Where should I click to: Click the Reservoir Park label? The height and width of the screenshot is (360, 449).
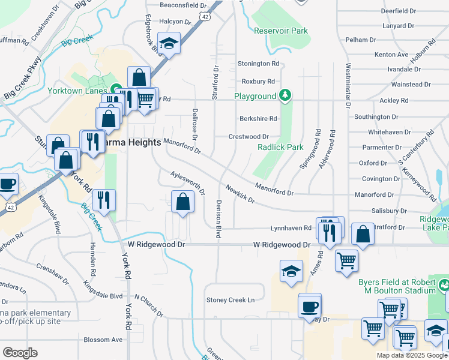tap(280, 31)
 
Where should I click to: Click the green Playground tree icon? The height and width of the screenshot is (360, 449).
tap(285, 95)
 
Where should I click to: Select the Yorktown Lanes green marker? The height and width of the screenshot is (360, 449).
tap(115, 91)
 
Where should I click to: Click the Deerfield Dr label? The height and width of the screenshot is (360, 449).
tap(398, 11)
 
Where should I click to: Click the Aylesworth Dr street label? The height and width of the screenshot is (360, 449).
tap(188, 182)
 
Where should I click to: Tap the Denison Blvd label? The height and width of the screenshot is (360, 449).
tap(218, 220)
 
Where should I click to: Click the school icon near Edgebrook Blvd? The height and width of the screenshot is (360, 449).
tap(169, 44)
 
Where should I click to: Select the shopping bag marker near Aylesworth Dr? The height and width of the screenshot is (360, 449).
tap(182, 201)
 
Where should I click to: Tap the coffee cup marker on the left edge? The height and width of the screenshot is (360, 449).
tap(7, 184)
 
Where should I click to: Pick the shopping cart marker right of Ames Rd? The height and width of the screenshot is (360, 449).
tap(347, 261)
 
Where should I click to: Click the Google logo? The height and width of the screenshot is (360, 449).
tap(20, 353)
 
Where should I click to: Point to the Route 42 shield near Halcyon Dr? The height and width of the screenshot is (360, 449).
tap(205, 17)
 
